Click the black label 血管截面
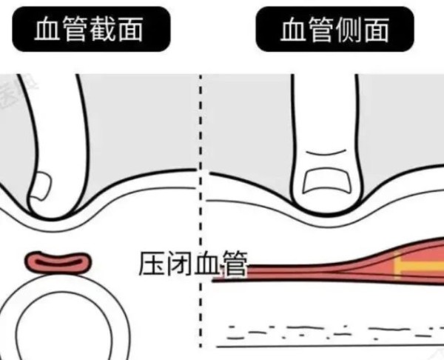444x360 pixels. (91, 29)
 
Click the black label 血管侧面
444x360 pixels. (335, 29)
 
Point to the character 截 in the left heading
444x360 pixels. (103, 29)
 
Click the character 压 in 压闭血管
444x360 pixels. (152, 263)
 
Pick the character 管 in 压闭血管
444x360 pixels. (235, 264)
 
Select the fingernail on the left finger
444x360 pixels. (41, 186)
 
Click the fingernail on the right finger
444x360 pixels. (327, 181)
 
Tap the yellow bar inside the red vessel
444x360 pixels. (419, 266)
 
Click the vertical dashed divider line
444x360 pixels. (201, 211)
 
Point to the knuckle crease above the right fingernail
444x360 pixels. (326, 153)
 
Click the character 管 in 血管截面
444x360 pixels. (74, 29)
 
